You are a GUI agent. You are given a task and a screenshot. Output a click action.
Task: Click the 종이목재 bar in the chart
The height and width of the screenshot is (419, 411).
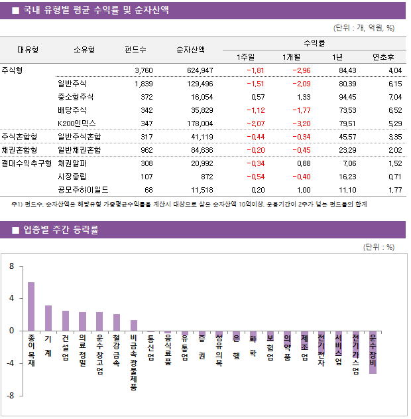coord(31,306)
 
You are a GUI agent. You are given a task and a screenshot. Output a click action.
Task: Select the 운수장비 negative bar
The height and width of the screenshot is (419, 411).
coord(373,352)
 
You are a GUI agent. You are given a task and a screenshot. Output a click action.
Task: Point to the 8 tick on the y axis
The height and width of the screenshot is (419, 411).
coord(11,266)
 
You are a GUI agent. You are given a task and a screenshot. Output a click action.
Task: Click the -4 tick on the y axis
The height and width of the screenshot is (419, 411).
coord(10,363)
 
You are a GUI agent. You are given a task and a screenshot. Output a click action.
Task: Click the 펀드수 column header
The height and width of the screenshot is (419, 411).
coord(135,49)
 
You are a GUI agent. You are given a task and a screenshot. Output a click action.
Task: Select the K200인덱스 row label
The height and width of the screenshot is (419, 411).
coord(77,123)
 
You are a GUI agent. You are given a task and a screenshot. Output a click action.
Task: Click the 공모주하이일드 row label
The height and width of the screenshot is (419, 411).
coord(84,189)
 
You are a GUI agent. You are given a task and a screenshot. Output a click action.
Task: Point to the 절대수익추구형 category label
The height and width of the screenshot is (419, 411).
coord(26,163)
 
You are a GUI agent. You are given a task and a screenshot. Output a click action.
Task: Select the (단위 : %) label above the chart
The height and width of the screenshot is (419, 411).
coord(379,247)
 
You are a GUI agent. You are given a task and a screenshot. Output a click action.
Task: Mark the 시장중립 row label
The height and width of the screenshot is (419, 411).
coord(73,176)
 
